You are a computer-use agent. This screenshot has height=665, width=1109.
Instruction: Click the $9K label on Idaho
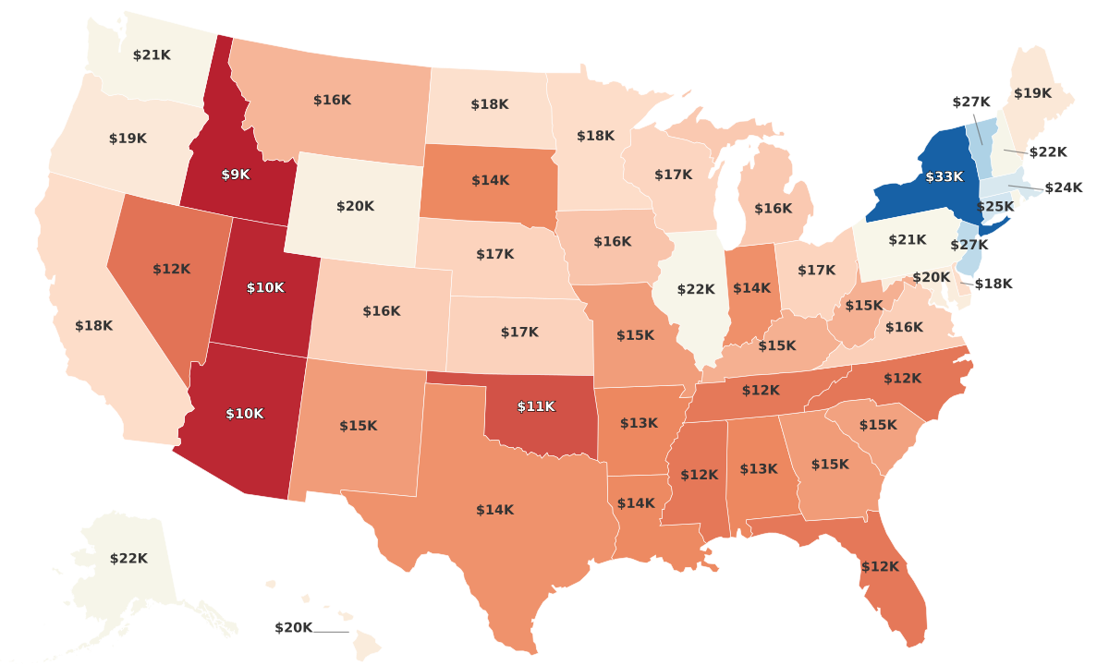point(236,174)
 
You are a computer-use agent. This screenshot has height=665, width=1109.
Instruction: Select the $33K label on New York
point(944,175)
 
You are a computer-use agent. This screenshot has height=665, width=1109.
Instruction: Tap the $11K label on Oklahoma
point(536,406)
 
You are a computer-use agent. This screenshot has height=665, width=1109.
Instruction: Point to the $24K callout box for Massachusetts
point(1063,187)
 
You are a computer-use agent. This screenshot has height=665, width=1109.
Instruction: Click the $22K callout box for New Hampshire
point(1048,151)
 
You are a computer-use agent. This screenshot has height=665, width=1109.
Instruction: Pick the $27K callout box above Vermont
point(971,102)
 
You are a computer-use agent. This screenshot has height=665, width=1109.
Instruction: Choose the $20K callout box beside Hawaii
point(294,628)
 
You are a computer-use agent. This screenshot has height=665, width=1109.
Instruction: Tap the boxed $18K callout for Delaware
point(993,284)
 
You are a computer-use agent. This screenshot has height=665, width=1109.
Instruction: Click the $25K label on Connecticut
point(995,206)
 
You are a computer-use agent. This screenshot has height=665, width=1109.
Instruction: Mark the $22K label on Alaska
point(128,558)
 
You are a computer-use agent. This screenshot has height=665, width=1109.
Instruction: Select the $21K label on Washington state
point(152,54)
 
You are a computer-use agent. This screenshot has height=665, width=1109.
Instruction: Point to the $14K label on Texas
point(494,510)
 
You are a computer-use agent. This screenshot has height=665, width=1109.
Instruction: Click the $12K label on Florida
point(880,566)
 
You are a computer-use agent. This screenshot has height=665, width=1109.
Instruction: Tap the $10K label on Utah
point(265,287)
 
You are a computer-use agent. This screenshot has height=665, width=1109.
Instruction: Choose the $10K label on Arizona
point(245,414)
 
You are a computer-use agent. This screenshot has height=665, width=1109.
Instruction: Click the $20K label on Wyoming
point(355,206)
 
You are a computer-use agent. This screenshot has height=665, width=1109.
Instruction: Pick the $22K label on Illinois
point(696,289)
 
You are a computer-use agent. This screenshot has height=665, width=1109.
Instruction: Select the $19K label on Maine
point(1032,92)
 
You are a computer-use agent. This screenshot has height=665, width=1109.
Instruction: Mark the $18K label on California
point(93,325)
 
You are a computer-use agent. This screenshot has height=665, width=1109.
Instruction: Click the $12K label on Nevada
point(171,269)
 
